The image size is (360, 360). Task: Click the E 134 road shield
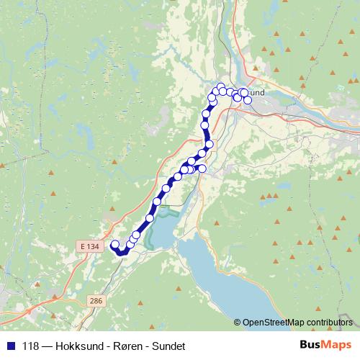point(89,246)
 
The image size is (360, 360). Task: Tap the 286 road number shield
point(95,299)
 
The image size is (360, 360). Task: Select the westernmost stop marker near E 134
point(114,245)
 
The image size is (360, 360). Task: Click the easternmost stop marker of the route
point(248,100)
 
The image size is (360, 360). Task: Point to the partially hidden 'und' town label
point(256,93)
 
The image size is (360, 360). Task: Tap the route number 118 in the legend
point(30,346)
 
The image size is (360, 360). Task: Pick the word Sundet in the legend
point(168,346)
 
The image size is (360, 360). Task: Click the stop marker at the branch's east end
point(202,168)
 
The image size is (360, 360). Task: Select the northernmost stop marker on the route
point(221,88)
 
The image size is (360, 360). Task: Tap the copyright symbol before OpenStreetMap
point(238,322)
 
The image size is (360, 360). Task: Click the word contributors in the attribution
point(328,322)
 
